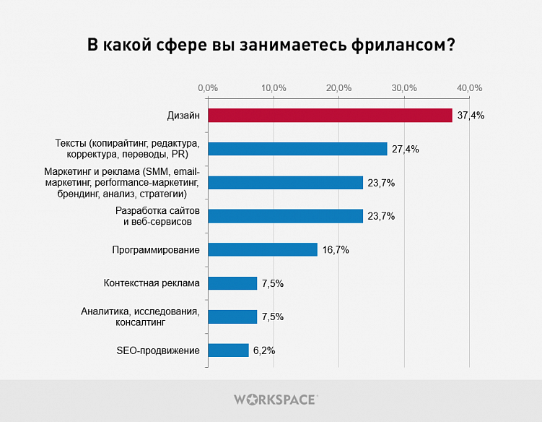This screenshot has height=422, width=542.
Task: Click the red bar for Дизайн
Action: click(x=330, y=116)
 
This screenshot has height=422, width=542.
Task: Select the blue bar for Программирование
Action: click(x=263, y=249)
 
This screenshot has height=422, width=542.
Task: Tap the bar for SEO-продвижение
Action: click(x=228, y=350)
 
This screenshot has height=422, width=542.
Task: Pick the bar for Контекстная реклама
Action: click(x=232, y=283)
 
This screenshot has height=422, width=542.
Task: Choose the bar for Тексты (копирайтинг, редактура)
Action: click(x=297, y=149)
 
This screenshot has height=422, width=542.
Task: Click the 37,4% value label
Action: click(x=471, y=116)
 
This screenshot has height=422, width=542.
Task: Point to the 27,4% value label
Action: click(x=406, y=149)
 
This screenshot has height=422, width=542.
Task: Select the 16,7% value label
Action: click(x=336, y=250)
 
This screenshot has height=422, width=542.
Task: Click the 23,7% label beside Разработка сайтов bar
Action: click(x=381, y=216)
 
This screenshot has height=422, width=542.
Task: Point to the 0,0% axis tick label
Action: click(x=208, y=87)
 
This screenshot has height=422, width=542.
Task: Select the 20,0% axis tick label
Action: click(x=338, y=87)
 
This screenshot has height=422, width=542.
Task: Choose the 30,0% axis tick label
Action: click(x=404, y=87)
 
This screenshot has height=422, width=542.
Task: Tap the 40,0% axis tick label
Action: click(x=470, y=87)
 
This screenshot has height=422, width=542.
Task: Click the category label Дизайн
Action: click(x=183, y=116)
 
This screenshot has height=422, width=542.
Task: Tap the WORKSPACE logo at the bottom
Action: click(x=275, y=399)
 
